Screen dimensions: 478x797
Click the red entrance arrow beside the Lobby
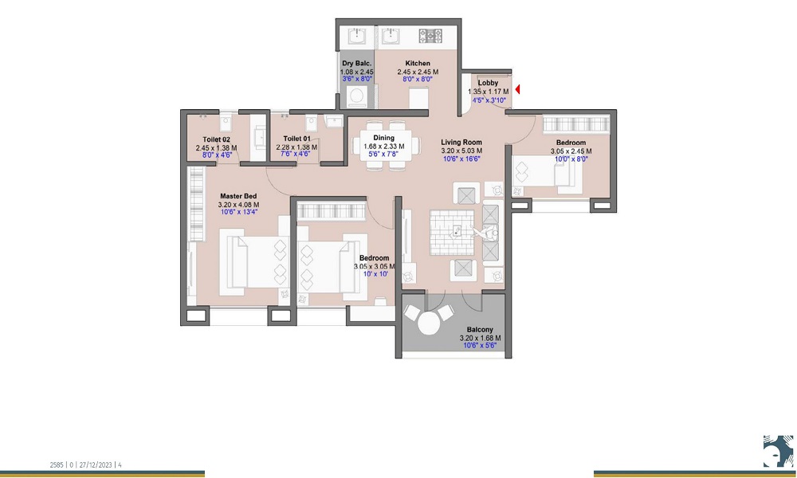tap(518, 90)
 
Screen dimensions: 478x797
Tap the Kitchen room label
tap(418, 64)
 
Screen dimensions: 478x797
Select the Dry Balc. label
tap(355, 64)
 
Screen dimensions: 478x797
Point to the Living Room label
tap(461, 143)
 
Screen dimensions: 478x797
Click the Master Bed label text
tap(238, 196)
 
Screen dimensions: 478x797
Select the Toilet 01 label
tap(296, 139)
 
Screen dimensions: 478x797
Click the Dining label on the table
tap(384, 138)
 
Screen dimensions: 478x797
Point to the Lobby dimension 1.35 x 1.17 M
tap(488, 92)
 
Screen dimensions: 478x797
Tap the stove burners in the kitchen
tap(431, 35)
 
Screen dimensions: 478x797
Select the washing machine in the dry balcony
tap(355, 96)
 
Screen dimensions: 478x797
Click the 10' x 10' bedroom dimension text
tap(374, 274)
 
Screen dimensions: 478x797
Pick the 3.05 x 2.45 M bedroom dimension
tap(571, 151)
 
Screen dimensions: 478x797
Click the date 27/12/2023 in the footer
tap(96, 464)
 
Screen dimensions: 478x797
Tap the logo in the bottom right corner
tap(777, 451)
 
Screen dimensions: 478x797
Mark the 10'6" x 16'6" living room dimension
tap(461, 159)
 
